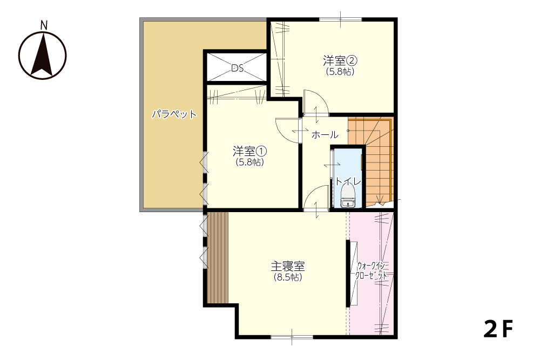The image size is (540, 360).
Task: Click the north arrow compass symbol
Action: [42, 56]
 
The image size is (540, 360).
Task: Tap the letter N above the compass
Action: [44, 25]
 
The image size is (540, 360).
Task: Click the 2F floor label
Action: [498, 329]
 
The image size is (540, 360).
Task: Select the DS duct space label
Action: [237, 69]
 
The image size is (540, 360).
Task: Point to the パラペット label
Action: [174, 114]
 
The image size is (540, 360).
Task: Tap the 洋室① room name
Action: [250, 151]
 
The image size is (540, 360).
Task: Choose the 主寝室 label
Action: [288, 266]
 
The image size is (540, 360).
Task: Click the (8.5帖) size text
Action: [288, 277]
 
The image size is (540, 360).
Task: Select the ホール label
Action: [325, 134]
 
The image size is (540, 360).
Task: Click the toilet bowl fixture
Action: [347, 196]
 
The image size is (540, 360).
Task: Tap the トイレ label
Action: [348, 181]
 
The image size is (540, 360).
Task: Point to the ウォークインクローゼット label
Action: [372, 271]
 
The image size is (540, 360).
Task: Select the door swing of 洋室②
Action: [315, 102]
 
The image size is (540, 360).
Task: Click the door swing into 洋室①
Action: [287, 130]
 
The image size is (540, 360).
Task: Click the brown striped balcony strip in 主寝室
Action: [218, 257]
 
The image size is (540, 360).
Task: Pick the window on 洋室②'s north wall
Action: [340, 19]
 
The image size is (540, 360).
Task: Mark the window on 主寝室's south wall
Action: [292, 337]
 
